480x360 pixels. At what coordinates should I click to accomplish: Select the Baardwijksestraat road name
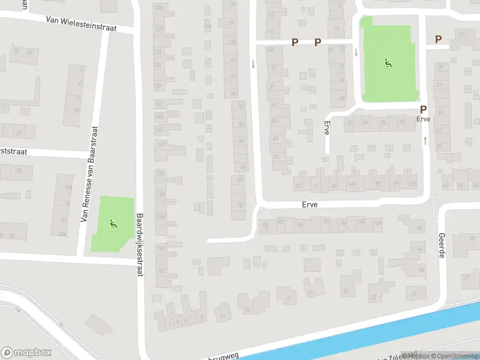click(140, 245)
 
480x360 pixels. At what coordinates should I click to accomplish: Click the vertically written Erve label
click(327, 128)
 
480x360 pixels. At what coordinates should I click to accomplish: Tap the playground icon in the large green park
click(388, 62)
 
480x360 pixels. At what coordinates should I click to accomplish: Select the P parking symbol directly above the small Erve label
click(423, 109)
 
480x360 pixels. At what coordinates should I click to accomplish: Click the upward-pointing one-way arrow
click(425, 140)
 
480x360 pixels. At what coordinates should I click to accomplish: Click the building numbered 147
click(160, 145)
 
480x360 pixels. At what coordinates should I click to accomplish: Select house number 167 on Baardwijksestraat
click(161, 270)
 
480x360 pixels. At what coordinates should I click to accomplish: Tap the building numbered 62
click(419, 227)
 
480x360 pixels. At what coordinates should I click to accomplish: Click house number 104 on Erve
click(377, 223)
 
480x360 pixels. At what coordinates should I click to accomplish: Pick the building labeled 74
click(241, 205)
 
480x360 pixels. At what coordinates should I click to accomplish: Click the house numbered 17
click(288, 299)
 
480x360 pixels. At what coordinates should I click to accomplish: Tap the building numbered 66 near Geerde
click(421, 269)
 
